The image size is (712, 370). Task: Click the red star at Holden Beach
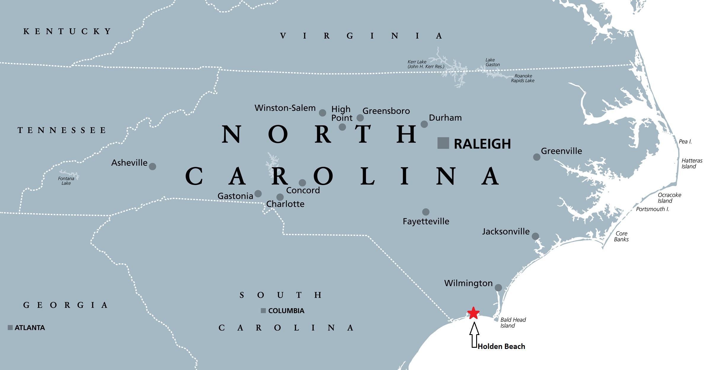click(473, 313)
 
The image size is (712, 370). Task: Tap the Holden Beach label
click(501, 346)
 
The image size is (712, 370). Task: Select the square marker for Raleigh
click(443, 143)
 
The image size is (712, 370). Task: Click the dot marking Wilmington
click(498, 288)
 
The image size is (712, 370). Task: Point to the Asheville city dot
click(152, 166)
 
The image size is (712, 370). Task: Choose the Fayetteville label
click(426, 221)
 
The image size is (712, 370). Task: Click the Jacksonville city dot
click(535, 236)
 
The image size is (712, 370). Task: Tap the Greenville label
click(561, 151)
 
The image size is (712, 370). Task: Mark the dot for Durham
click(424, 124)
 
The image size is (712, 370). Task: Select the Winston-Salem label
click(285, 108)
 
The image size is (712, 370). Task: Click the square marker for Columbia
click(263, 311)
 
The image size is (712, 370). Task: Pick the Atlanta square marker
click(10, 328)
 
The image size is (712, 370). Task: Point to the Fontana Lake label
click(66, 181)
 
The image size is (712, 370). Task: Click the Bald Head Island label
click(513, 323)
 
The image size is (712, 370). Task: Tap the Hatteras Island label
click(692, 163)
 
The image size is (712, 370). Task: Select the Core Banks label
click(621, 236)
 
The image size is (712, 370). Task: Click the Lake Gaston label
click(492, 62)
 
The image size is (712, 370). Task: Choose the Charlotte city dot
click(280, 197)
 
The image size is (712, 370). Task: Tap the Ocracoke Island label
click(669, 198)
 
